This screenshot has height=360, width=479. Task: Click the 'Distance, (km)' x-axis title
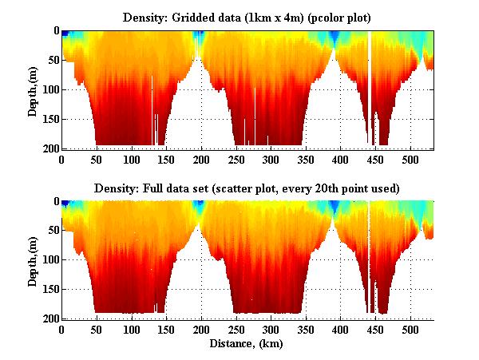[247, 345]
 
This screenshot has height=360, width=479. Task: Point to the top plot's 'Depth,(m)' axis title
[34, 89]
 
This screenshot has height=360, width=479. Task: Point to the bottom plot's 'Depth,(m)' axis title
[34, 260]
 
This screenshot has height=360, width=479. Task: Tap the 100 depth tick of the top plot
[49, 89]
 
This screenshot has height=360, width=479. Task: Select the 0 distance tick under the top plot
[62, 159]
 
